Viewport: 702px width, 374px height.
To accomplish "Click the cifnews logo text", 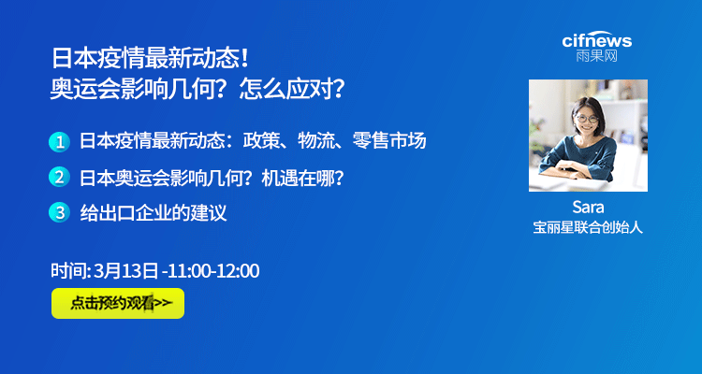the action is pos(597,40).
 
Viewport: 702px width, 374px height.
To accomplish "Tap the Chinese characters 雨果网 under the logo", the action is pos(597,56).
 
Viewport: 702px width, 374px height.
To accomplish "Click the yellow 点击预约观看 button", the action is pos(118,303).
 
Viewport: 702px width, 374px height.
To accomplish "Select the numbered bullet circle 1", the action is pos(59,142).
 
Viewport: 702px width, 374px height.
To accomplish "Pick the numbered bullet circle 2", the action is pos(59,178).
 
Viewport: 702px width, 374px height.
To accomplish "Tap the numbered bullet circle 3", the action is pos(59,212).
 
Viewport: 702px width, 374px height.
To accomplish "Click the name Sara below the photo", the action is pos(588,208).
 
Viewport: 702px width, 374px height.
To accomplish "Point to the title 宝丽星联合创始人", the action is pos(588,228).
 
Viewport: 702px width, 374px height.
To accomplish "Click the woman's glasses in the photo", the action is pos(587,119).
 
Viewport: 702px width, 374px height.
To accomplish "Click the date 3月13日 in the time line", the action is pos(125,271).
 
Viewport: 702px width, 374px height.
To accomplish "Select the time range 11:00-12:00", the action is pos(214,271).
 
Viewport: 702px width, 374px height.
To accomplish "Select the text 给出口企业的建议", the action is pos(154,212).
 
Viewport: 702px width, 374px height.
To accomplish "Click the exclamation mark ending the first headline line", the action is pos(244,59).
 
